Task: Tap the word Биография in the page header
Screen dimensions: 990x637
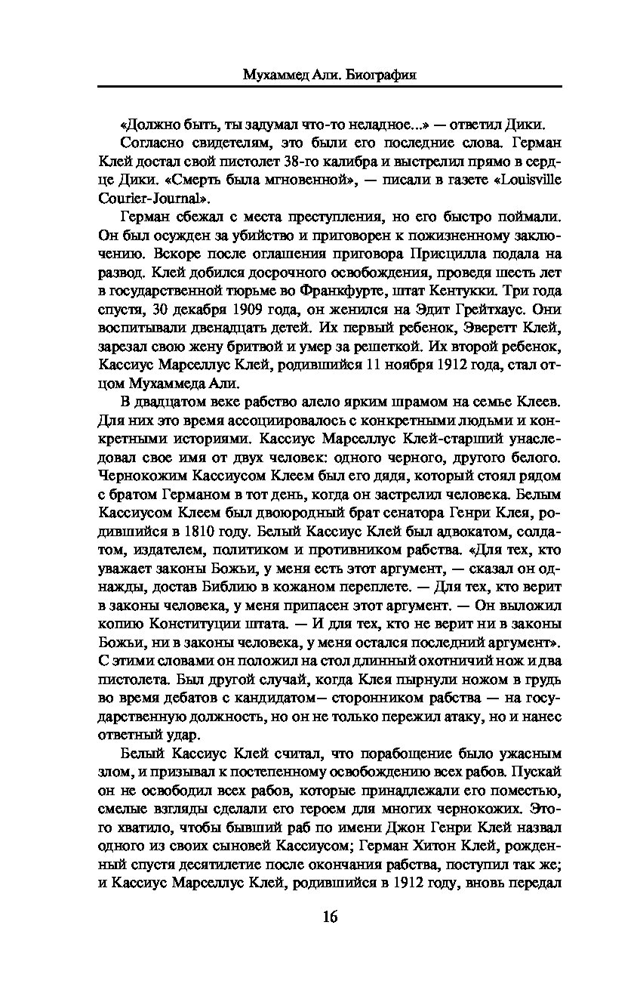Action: pyautogui.click(x=377, y=76)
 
